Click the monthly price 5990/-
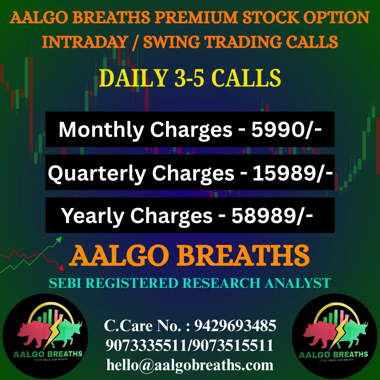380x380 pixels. [287, 129]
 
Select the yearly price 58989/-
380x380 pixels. [272, 215]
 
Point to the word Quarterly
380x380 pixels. [97, 174]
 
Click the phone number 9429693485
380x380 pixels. [235, 325]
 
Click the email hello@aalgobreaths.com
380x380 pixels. [190, 365]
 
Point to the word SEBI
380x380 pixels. [65, 283]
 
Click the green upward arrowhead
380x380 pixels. [59, 240]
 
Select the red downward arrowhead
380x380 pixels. [62, 268]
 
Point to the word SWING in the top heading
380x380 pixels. [172, 42]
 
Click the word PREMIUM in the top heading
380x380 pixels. [196, 18]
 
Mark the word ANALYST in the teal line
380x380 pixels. [298, 283]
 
